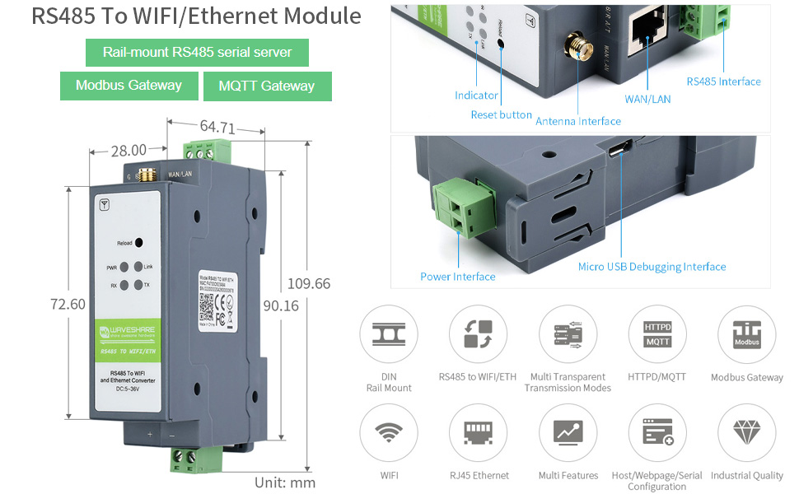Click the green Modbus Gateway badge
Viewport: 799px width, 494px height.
(x=129, y=86)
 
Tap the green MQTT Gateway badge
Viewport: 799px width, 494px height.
(x=266, y=86)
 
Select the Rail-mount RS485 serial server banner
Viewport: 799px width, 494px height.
(x=197, y=53)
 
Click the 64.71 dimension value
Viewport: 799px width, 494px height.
(x=217, y=128)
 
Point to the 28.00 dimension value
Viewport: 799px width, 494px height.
(x=128, y=150)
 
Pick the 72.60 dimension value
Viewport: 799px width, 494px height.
(x=68, y=304)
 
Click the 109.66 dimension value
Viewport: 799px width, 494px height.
(x=308, y=284)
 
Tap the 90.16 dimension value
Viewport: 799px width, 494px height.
(x=280, y=305)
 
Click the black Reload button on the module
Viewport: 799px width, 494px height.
(x=139, y=243)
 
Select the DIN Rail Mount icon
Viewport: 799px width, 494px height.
(x=389, y=334)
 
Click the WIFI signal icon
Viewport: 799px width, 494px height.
(x=389, y=432)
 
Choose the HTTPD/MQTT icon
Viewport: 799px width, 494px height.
(x=656, y=334)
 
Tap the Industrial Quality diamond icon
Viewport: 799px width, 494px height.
(x=746, y=432)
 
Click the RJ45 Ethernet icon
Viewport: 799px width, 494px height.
(x=478, y=432)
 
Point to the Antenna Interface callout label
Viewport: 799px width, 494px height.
(x=578, y=121)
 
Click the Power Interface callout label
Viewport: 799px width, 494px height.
(x=457, y=277)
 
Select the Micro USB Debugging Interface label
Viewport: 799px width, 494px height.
(x=652, y=267)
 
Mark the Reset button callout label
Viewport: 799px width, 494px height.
(x=501, y=114)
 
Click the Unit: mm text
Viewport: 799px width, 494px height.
(x=285, y=482)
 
